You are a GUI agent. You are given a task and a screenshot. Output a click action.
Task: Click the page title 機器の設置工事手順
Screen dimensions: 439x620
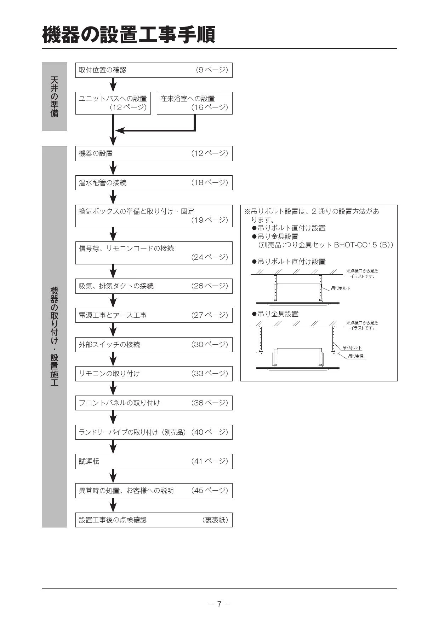click(129, 35)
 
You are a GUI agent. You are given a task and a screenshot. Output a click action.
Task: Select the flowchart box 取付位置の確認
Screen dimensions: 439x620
click(154, 70)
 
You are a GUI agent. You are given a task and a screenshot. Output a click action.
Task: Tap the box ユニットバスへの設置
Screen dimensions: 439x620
click(113, 103)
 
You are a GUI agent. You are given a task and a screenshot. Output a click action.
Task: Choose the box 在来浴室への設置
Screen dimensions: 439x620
click(195, 103)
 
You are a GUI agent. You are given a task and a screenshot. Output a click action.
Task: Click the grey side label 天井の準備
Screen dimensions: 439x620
click(55, 96)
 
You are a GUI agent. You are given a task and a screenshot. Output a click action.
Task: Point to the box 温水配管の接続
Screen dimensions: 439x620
click(154, 183)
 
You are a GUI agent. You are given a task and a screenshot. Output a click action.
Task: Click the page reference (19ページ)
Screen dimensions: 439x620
click(210, 220)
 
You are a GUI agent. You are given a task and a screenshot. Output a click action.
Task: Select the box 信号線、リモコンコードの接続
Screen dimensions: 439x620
click(154, 253)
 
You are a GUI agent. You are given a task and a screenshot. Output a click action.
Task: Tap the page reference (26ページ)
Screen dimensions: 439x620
click(210, 286)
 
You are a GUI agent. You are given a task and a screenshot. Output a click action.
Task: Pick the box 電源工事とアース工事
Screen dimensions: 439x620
click(154, 315)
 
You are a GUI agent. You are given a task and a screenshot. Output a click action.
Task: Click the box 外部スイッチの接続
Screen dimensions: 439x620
click(154, 345)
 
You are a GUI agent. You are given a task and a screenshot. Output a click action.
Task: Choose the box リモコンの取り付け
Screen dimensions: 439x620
click(154, 374)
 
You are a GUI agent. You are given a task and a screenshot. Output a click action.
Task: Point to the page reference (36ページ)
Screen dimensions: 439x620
click(210, 403)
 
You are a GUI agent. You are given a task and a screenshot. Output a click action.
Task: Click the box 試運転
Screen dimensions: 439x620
click(154, 461)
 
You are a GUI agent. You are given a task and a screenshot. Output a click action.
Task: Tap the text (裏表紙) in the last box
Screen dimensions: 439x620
click(215, 520)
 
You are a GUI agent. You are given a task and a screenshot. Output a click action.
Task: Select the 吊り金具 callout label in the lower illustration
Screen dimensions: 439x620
click(356, 356)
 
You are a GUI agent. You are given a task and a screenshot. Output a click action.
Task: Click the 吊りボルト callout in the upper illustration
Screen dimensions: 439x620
click(341, 288)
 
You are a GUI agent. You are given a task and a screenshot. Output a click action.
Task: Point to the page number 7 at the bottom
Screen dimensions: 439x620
click(219, 604)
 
